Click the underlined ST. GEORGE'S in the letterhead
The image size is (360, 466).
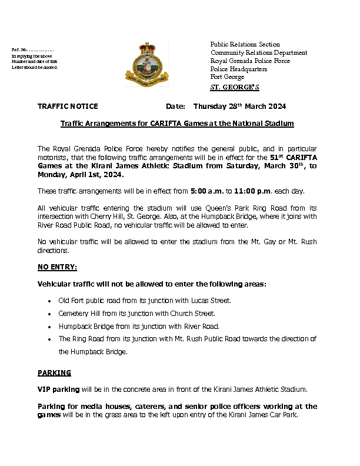tap(235, 87)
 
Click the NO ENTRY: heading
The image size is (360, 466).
tap(57, 267)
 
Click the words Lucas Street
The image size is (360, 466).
tap(213, 301)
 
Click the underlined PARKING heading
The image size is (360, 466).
tap(54, 372)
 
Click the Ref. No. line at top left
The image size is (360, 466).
tap(33, 50)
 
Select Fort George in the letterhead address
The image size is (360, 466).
tap(226, 77)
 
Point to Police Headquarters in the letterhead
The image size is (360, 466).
tap(239, 69)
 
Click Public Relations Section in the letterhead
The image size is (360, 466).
tap(245, 44)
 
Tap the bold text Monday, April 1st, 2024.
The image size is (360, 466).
tap(81, 175)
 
